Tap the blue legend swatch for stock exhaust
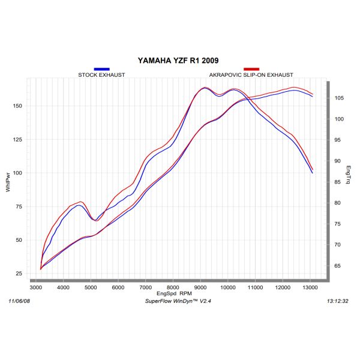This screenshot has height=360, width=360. pyautogui.click(x=102, y=70)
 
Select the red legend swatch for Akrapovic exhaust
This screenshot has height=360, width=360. pyautogui.click(x=251, y=70)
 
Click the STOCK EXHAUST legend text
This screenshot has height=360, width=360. pyautogui.click(x=102, y=75)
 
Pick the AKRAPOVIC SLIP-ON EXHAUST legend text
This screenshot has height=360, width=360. pyautogui.click(x=251, y=75)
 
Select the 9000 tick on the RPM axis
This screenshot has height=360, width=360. pyautogui.click(x=200, y=289)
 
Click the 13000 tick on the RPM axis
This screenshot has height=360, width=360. pyautogui.click(x=310, y=289)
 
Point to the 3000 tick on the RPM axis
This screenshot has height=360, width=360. pyautogui.click(x=36, y=289)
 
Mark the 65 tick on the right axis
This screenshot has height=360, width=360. pyautogui.click(x=339, y=266)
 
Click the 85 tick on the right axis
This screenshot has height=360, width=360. pyautogui.click(x=339, y=182)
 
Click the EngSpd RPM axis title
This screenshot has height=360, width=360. pyautogui.click(x=174, y=295)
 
